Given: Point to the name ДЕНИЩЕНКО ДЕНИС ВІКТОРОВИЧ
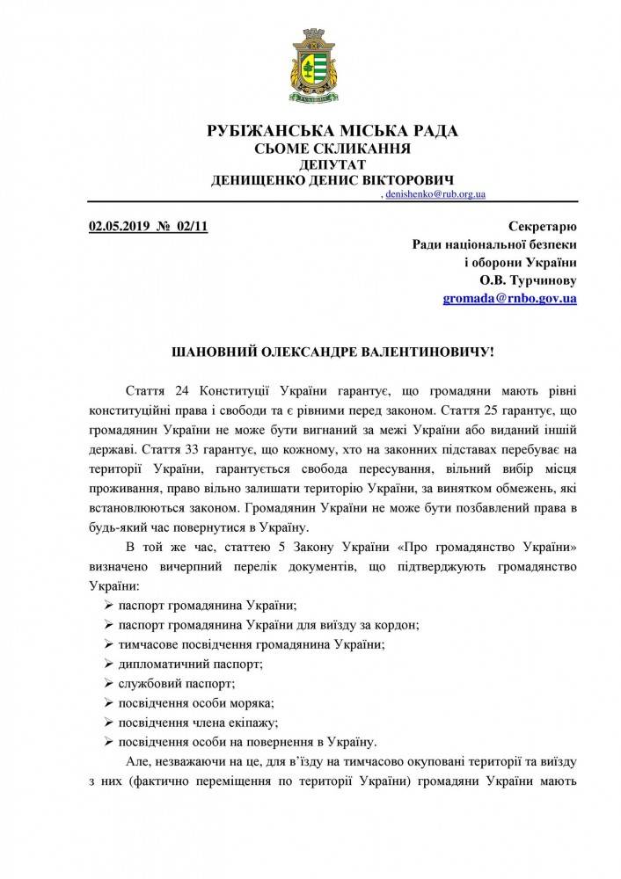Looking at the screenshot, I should (332, 179).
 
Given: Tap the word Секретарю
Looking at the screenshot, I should (543, 227).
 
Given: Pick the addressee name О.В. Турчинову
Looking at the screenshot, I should (528, 280).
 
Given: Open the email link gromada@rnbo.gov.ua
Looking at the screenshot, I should (509, 299).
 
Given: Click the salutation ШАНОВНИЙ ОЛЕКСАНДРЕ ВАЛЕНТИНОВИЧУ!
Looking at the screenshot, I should (332, 352).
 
